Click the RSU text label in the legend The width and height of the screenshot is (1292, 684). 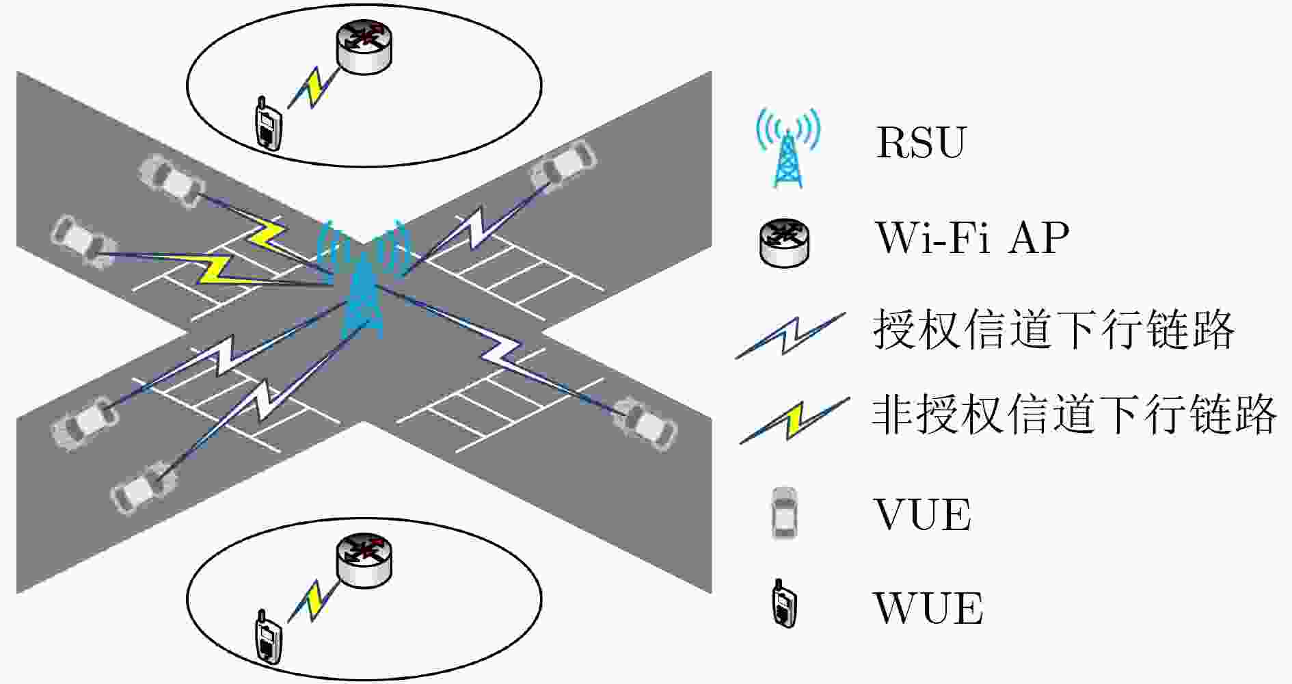[x=920, y=142]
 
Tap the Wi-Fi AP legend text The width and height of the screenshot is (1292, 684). [x=972, y=237]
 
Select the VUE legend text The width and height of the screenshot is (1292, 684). [x=922, y=515]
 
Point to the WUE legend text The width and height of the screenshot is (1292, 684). [x=928, y=608]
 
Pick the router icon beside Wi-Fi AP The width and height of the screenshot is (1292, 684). [x=785, y=242]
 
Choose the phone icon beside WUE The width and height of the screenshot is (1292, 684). [x=784, y=603]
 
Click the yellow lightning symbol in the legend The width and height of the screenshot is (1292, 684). [x=794, y=421]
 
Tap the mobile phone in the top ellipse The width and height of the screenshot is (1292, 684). [x=267, y=123]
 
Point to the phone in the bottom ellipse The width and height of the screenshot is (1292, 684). [x=267, y=637]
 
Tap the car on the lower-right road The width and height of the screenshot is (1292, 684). [x=645, y=424]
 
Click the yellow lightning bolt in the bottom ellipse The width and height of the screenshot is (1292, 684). [x=314, y=601]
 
